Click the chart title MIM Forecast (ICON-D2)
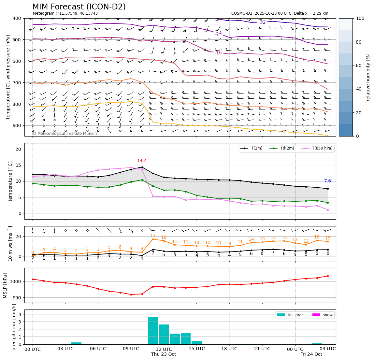[x=79, y=7]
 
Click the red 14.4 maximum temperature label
[x=142, y=161]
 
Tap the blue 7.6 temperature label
[x=327, y=181]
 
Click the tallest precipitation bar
[x=153, y=330]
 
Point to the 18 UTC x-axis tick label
[x=229, y=349]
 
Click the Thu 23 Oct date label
[x=164, y=354]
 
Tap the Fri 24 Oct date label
[x=311, y=354]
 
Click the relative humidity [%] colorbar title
[x=368, y=77]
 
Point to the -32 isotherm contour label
[x=262, y=22]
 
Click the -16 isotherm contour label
[x=218, y=53]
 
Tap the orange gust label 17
[x=153, y=236]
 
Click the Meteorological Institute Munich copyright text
[x=65, y=134]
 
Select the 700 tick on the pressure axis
[x=17, y=83]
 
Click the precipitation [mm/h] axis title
[x=14, y=327]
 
